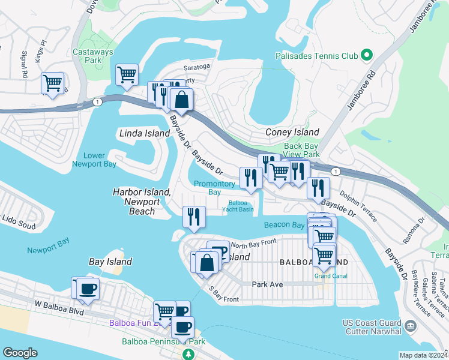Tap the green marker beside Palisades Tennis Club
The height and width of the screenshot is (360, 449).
point(366,56)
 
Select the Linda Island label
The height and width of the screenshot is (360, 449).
point(145,133)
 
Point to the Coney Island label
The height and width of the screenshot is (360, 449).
point(292,132)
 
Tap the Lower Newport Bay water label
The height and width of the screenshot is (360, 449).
point(94,160)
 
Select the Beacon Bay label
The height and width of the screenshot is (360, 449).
point(285,224)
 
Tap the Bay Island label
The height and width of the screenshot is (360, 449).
point(110,262)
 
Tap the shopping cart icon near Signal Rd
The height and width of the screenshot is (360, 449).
point(52,83)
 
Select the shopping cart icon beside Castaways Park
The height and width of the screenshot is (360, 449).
point(127,75)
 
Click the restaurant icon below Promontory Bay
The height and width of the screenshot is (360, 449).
point(193,216)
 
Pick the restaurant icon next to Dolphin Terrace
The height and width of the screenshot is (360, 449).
point(318,187)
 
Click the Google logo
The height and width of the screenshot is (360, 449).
point(20,353)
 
